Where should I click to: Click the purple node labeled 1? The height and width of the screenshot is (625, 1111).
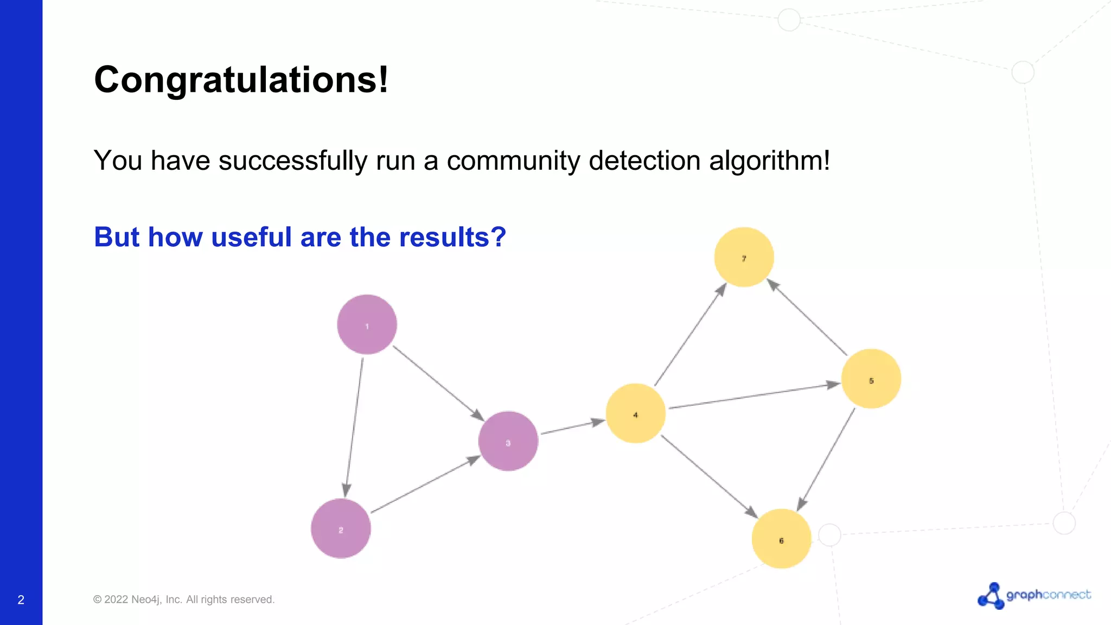(x=367, y=324)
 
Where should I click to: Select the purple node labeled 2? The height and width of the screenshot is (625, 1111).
(x=341, y=528)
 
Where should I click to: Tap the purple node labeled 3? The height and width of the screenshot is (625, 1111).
(x=508, y=441)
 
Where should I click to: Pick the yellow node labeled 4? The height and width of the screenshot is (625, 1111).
(x=635, y=413)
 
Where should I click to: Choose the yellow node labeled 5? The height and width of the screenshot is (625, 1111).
(x=871, y=379)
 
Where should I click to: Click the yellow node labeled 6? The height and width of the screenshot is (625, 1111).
(x=781, y=539)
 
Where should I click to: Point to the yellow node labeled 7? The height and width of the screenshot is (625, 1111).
(x=744, y=257)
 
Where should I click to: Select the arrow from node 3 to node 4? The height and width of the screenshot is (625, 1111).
(x=572, y=427)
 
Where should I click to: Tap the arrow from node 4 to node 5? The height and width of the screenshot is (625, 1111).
(x=754, y=396)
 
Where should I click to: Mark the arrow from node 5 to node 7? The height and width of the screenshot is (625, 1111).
(x=807, y=318)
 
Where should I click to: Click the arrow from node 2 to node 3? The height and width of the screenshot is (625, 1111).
(x=425, y=484)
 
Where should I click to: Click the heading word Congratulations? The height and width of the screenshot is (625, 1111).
(x=241, y=80)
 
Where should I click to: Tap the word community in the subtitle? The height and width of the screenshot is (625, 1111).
(x=513, y=161)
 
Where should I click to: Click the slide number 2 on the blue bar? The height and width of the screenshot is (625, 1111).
(x=21, y=600)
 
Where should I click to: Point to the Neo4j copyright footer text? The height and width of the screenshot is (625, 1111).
(x=184, y=600)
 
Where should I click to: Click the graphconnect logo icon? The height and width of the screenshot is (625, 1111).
(x=991, y=596)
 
